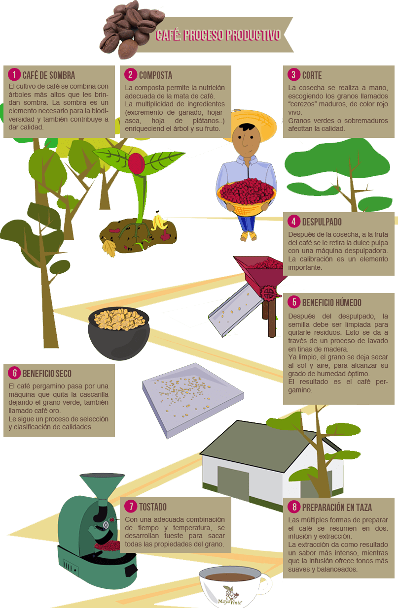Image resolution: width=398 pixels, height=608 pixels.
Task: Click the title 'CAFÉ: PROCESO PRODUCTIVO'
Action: pos(218,35)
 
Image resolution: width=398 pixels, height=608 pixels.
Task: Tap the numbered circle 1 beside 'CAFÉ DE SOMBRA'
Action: pos(14,75)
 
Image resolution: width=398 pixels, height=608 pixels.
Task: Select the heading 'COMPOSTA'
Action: pos(155,75)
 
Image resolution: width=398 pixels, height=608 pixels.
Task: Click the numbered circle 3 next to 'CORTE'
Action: pos(294,75)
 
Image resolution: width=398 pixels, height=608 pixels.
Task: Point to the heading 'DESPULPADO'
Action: pos(322,222)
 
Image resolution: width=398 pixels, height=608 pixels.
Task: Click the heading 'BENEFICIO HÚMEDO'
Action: pos(331,303)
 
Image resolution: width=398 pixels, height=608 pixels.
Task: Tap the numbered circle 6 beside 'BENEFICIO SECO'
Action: pos(14,373)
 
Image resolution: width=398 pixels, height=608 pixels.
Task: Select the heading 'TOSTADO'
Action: pos(153,507)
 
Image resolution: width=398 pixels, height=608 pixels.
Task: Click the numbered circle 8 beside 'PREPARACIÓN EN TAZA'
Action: pos(294,507)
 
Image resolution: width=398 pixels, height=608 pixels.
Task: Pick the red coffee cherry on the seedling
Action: pos(136,163)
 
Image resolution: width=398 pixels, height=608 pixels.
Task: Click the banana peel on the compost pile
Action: pos(159,221)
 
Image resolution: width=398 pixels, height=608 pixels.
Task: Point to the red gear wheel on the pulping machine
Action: pos(268,292)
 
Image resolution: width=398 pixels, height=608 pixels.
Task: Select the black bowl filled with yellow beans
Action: pos(119,333)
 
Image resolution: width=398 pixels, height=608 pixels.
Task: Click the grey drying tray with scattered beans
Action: pos(193,400)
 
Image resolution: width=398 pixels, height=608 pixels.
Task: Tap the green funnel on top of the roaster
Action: pos(102,486)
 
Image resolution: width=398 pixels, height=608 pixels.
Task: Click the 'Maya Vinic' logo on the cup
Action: pos(230,596)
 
